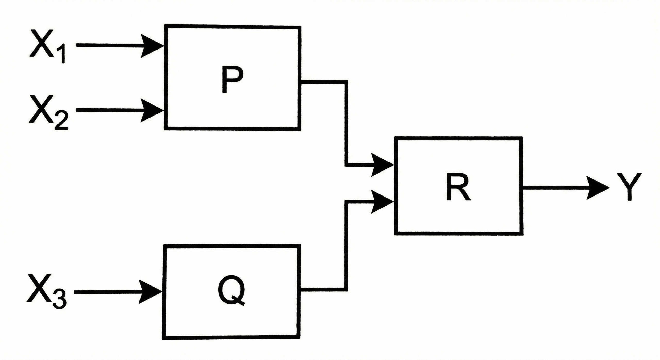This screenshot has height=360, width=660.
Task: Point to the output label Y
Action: [629, 187]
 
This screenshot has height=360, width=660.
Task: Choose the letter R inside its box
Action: [458, 187]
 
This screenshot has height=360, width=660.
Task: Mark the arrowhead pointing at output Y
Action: [597, 188]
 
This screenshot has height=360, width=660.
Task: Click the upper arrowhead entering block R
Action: [382, 165]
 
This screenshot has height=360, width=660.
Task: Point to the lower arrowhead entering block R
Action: [382, 202]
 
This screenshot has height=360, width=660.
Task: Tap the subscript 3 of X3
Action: [60, 301]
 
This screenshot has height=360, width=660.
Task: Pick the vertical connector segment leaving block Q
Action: [346, 248]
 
